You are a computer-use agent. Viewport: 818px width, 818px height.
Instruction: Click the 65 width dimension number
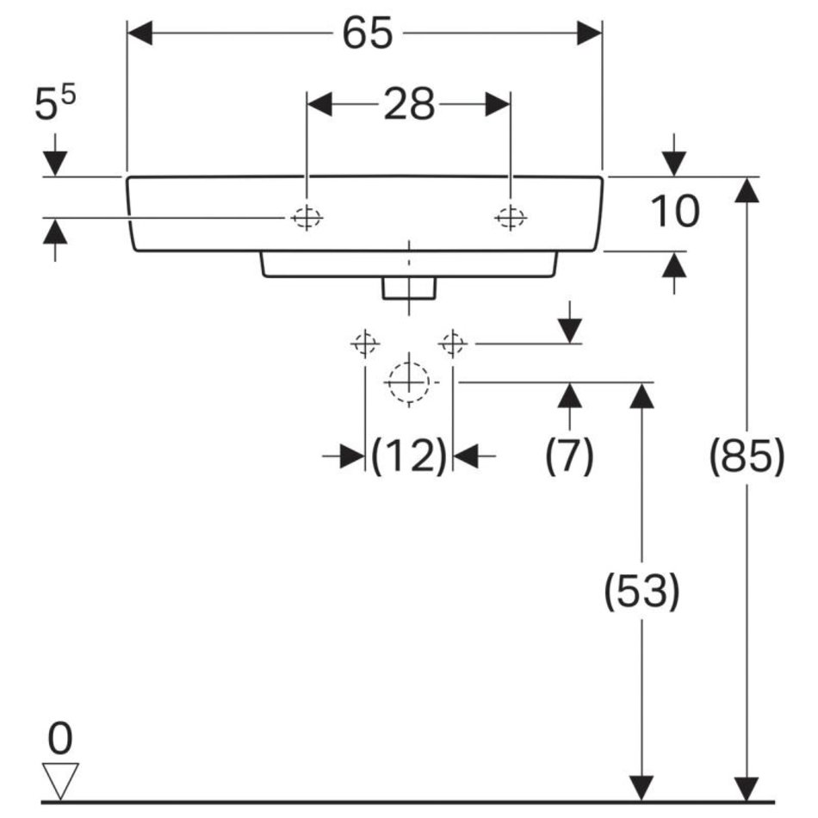tap(367, 34)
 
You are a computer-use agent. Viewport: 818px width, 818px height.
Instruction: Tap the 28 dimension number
tap(408, 105)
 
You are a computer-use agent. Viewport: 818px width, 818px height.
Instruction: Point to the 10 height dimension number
tap(674, 213)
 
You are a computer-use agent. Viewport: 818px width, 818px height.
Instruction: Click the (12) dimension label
tap(409, 455)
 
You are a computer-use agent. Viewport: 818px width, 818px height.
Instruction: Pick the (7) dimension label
tap(569, 455)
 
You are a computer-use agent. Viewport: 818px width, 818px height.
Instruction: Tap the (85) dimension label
tap(747, 455)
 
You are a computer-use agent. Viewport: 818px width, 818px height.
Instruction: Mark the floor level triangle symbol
tap(60, 780)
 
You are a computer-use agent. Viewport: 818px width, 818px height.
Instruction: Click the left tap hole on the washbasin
tap(307, 219)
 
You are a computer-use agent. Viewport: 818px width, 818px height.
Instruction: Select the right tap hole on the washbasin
tap(511, 219)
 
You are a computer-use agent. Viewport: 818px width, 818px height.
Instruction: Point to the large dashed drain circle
tap(408, 381)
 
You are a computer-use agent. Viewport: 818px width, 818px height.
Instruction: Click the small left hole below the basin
tap(365, 344)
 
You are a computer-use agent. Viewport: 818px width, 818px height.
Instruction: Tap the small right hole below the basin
tap(452, 344)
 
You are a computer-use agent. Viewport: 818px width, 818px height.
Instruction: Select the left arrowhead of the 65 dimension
tap(139, 34)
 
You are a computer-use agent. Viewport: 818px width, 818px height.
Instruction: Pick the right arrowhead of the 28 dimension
tap(499, 105)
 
